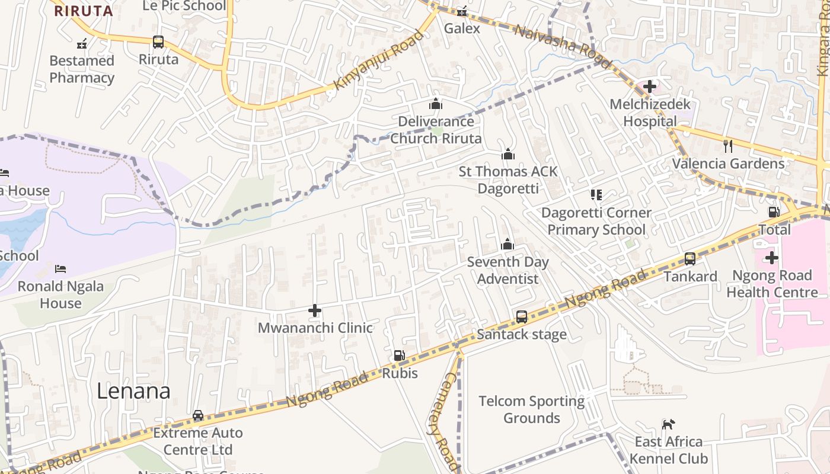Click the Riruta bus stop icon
pyautogui.click(x=158, y=42)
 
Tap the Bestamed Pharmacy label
pyautogui.click(x=82, y=69)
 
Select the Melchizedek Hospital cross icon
pyautogui.click(x=650, y=87)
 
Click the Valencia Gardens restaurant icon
pyautogui.click(x=728, y=146)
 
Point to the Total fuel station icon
pyautogui.click(x=774, y=212)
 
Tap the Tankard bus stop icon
pyautogui.click(x=690, y=259)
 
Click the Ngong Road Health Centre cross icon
pyautogui.click(x=772, y=258)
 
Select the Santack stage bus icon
pyautogui.click(x=522, y=317)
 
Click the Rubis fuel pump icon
pyautogui.click(x=400, y=355)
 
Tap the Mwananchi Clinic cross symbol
pyautogui.click(x=315, y=310)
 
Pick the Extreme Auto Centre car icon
pyautogui.click(x=198, y=415)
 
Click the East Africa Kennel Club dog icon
pyautogui.click(x=668, y=424)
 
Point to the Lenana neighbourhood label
pyautogui.click(x=133, y=391)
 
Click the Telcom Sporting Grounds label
pyautogui.click(x=531, y=409)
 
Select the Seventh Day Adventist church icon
pyautogui.click(x=507, y=244)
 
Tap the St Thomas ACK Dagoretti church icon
pyautogui.click(x=508, y=155)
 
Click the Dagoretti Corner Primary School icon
pyautogui.click(x=596, y=195)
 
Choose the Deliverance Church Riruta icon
pyautogui.click(x=436, y=104)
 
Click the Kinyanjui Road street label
pyautogui.click(x=379, y=60)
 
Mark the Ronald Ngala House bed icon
pyautogui.click(x=60, y=269)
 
